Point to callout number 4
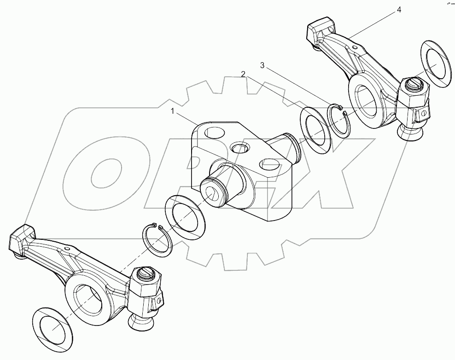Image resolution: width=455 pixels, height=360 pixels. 399,10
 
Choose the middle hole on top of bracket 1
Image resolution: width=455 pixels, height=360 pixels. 240,148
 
